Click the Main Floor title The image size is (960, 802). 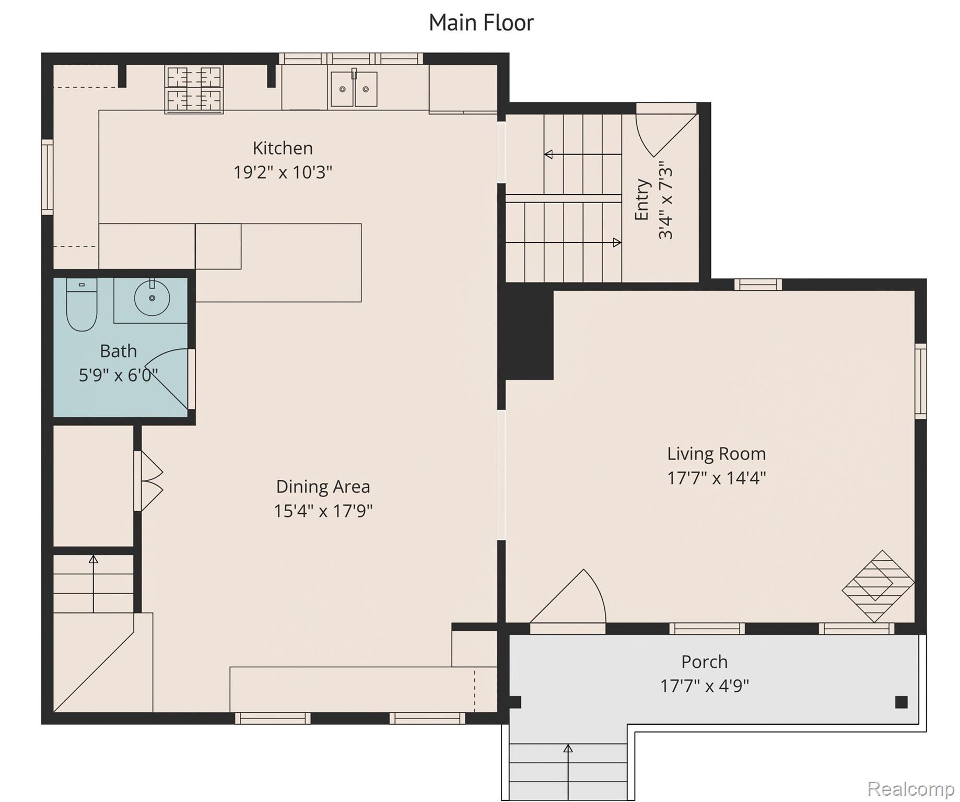coord(481,22)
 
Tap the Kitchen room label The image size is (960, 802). coord(283,148)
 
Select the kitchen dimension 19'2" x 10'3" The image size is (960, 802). coord(283,172)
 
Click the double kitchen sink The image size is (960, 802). coord(354,89)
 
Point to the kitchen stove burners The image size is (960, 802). coord(194,89)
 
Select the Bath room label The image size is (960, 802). coord(119,351)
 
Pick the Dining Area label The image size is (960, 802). coord(323,487)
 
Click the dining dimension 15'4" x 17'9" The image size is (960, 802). coord(323,511)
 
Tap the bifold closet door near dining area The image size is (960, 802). coord(150,481)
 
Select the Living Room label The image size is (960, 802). coord(716,454)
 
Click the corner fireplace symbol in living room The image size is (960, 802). coord(878,586)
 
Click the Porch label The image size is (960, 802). coord(704,662)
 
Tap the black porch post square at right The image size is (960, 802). coord(901,702)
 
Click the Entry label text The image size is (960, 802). coord(642,200)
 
